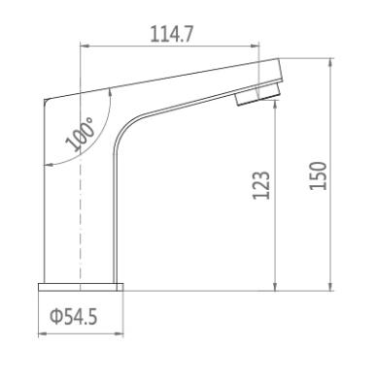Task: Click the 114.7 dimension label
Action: tap(172, 34)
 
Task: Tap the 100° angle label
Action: tap(81, 135)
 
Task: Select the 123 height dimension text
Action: tap(261, 185)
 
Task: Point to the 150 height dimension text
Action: tap(319, 175)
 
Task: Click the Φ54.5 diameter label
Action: tap(74, 317)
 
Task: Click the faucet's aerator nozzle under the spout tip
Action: tap(257, 94)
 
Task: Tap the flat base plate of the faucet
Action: tap(81, 287)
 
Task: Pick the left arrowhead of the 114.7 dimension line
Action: tap(84, 47)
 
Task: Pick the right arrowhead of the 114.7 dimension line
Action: tap(256, 47)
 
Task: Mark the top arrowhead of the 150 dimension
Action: tap(330, 63)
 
